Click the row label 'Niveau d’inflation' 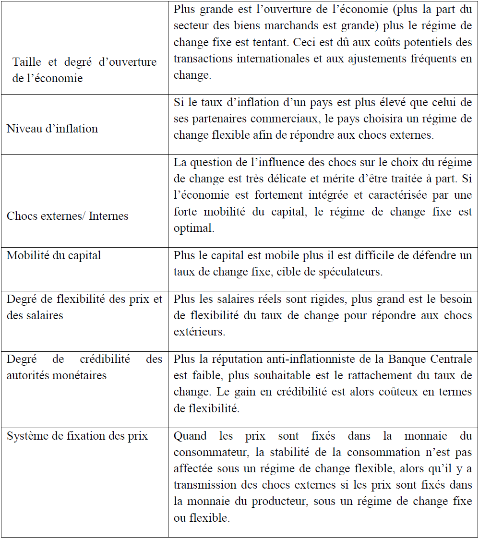(52, 129)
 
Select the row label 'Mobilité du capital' (54, 255)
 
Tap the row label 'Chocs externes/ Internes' (68, 216)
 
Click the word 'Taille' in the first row (27, 62)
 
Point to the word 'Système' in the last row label (26, 436)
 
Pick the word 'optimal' (193, 228)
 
